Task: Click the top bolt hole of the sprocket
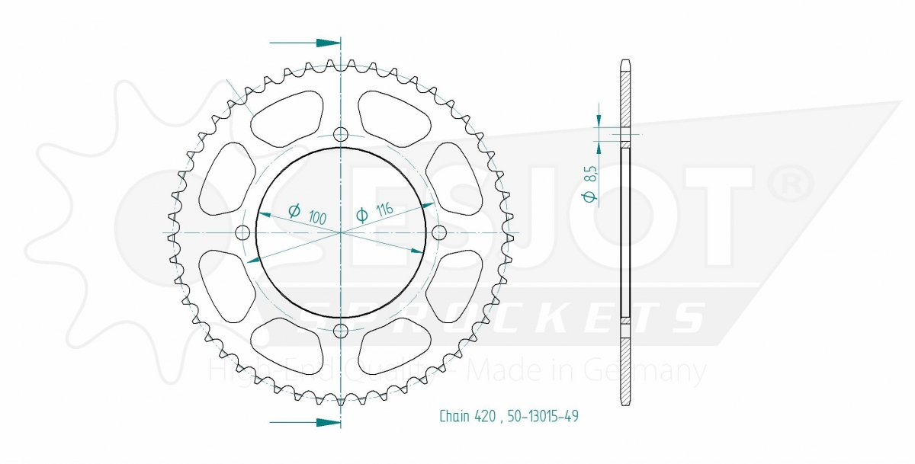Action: pyautogui.click(x=341, y=134)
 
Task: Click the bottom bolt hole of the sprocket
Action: pyautogui.click(x=341, y=331)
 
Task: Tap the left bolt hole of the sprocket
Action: pyautogui.click(x=243, y=233)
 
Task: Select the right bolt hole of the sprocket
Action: pyautogui.click(x=439, y=233)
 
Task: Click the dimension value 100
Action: pyautogui.click(x=317, y=217)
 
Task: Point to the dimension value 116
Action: pyautogui.click(x=384, y=210)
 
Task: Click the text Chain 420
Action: pyautogui.click(x=467, y=416)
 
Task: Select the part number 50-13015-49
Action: pyautogui.click(x=543, y=416)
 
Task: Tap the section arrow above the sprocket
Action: pyautogui.click(x=305, y=43)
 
